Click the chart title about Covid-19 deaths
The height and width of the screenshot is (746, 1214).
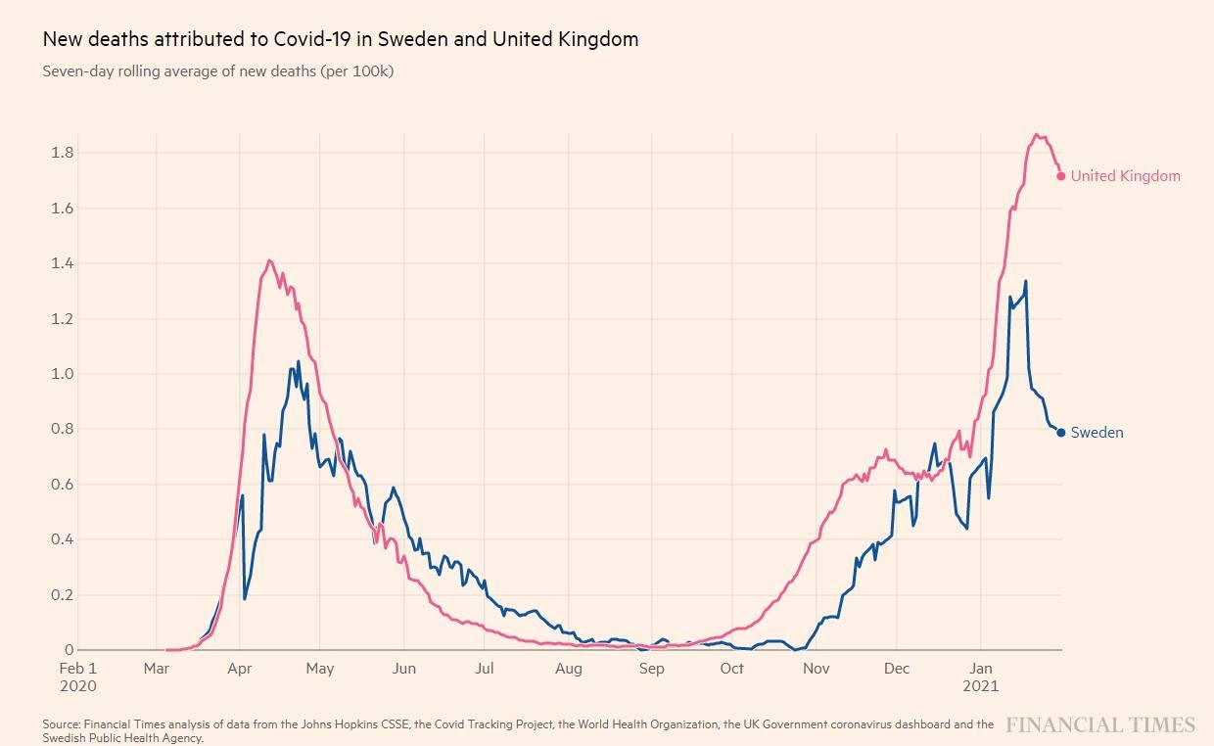pyautogui.click(x=341, y=39)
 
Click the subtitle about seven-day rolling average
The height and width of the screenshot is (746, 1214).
pyautogui.click(x=218, y=71)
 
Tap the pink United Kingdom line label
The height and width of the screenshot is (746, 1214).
pyautogui.click(x=1125, y=176)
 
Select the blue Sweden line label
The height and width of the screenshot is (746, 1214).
pyautogui.click(x=1097, y=433)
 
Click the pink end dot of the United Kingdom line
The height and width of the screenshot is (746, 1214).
pyautogui.click(x=1061, y=176)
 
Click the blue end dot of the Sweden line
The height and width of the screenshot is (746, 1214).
pyautogui.click(x=1061, y=433)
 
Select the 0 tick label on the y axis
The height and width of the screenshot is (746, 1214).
pyautogui.click(x=69, y=650)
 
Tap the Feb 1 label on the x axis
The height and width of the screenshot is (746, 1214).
pyautogui.click(x=78, y=669)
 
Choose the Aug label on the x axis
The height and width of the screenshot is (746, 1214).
pyautogui.click(x=568, y=669)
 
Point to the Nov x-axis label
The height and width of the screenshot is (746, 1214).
pyautogui.click(x=816, y=669)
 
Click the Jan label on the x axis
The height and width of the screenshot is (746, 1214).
pyautogui.click(x=982, y=669)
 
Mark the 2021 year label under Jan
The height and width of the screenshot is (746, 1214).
pyautogui.click(x=982, y=685)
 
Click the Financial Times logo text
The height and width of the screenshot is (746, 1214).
pyautogui.click(x=1100, y=725)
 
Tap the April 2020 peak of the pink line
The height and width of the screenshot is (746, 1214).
pyautogui.click(x=269, y=260)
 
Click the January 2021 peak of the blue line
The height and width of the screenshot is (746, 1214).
pyautogui.click(x=1025, y=282)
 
